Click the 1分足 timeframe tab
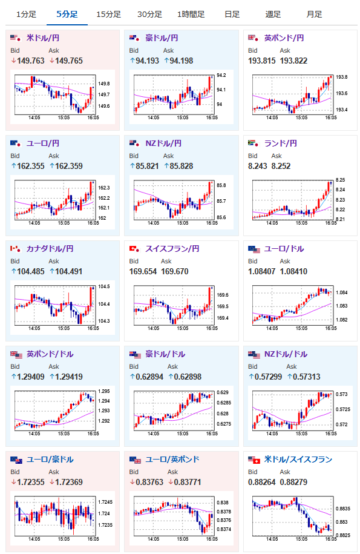26,15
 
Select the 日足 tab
232,15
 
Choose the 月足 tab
314,15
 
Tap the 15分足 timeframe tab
108,15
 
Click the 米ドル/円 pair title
43,38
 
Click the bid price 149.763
31,61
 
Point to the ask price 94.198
182,61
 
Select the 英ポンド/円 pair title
284,38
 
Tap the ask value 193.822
293,61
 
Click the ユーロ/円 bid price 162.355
31,166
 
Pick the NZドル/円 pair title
163,143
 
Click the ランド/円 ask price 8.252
281,166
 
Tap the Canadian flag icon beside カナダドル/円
15,249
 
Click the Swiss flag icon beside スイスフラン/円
134,249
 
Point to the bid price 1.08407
261,271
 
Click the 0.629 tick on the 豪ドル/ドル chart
223,392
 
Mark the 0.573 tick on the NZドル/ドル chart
341,394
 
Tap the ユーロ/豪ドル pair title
50,460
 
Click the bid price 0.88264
261,482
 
